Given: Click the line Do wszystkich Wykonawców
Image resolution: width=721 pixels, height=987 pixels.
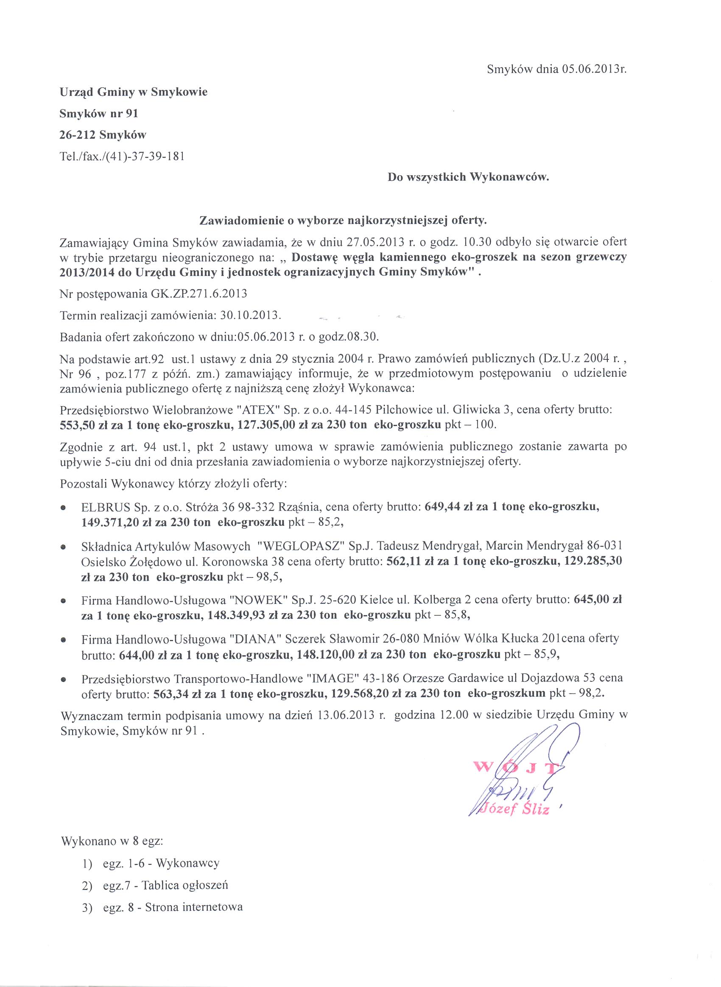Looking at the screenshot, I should click(468, 177).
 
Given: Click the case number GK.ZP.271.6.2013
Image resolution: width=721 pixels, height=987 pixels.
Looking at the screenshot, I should click(199, 293).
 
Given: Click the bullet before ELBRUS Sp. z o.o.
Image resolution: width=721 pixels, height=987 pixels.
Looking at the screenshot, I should click(64, 508).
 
